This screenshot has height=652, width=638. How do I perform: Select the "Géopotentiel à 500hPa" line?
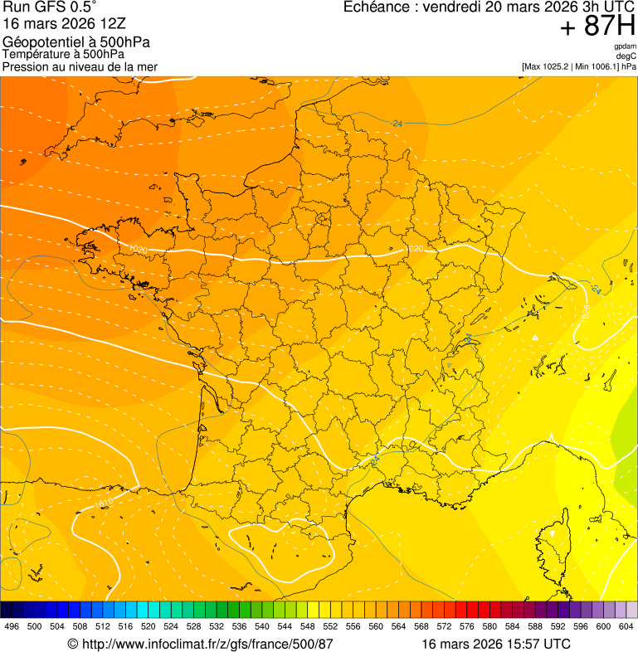[x=77, y=42]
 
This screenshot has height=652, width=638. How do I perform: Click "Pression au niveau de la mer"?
[x=80, y=67]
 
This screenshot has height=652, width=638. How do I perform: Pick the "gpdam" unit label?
[x=625, y=46]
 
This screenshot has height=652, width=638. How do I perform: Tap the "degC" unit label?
[x=627, y=56]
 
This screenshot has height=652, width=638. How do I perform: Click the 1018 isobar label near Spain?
[x=102, y=503]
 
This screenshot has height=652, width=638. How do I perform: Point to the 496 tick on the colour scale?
[x=12, y=626]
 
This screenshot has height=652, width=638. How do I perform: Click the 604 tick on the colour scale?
[x=626, y=626]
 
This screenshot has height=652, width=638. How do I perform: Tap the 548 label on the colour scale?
[x=306, y=626]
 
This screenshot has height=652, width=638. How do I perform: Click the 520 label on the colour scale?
[x=149, y=626]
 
